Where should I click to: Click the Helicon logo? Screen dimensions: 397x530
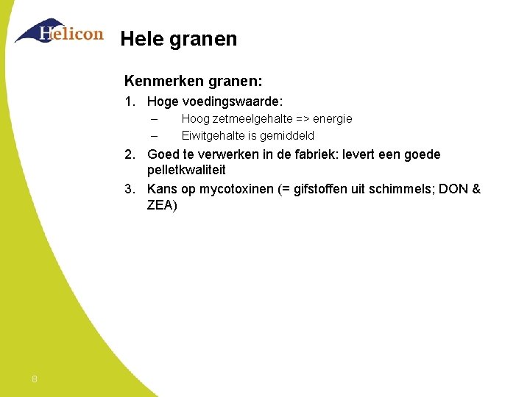tap(59, 32)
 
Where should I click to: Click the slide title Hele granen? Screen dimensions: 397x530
tap(178, 39)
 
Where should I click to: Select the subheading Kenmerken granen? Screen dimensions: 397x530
tap(193, 79)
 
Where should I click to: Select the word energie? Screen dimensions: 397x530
tap(333, 119)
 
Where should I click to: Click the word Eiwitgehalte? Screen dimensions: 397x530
tap(213, 135)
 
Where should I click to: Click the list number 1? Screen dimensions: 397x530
tap(128, 101)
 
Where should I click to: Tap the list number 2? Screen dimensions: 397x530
tap(128, 155)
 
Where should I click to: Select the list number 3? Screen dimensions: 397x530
tap(128, 190)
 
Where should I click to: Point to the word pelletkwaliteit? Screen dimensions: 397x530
tap(186, 171)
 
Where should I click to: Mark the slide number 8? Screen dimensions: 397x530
tap(35, 379)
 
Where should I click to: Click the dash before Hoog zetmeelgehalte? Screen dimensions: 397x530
tap(154, 119)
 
